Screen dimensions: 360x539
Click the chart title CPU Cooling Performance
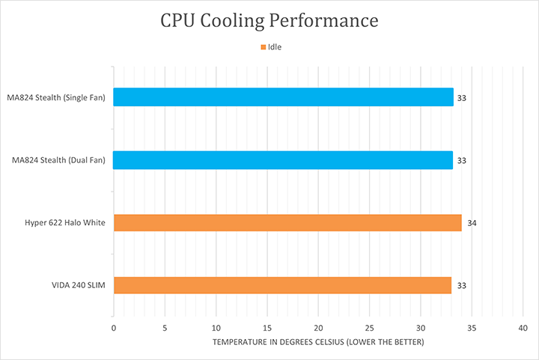point(269,20)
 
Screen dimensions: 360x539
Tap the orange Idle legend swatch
point(264,47)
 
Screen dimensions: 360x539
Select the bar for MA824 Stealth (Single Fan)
point(283,97)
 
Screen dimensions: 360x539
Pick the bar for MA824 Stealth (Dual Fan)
point(283,160)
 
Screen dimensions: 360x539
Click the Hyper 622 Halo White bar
point(287,223)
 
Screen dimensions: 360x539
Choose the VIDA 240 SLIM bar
point(282,285)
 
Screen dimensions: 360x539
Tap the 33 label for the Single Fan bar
point(462,98)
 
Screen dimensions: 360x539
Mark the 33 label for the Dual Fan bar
point(462,160)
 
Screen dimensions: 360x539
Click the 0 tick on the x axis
point(113,328)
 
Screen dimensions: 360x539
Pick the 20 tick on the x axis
point(318,328)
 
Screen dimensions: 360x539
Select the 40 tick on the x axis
point(523,328)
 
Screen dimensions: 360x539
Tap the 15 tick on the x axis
point(267,328)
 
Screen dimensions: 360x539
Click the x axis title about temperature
point(317,342)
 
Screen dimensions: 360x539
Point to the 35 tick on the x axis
point(472,328)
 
